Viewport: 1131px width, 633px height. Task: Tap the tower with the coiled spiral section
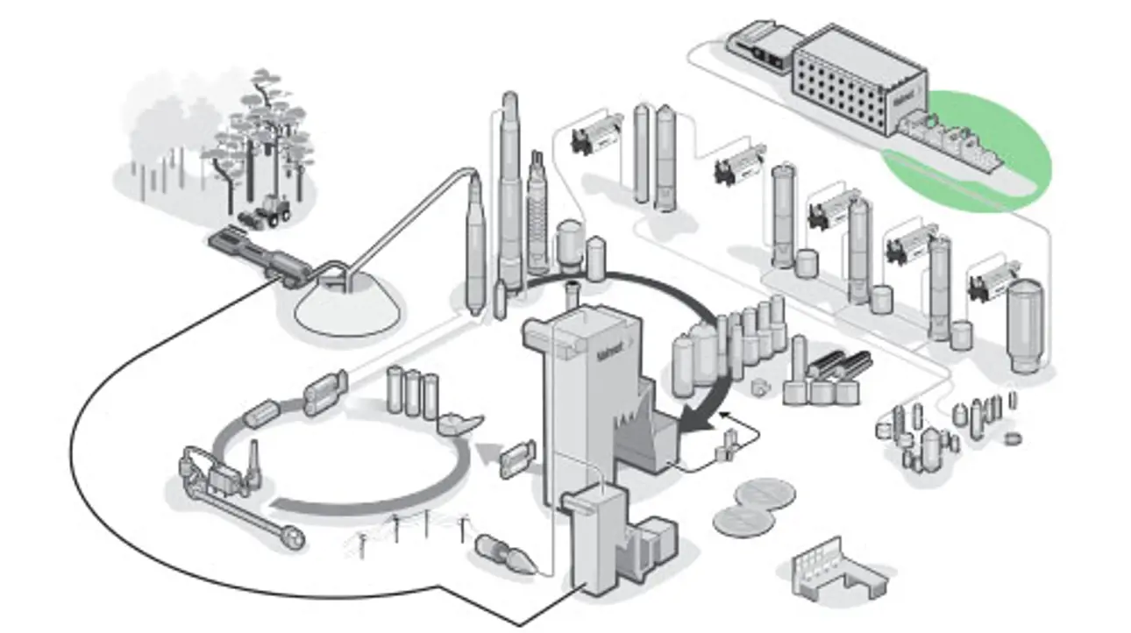coord(537,215)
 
